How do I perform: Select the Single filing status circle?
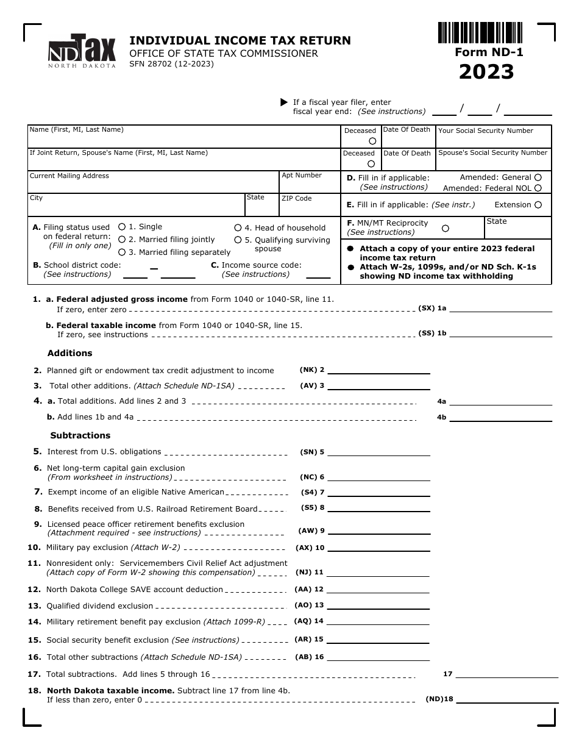click(x=122, y=226)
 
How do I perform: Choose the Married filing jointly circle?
click(x=122, y=240)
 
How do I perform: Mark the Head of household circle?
click(x=238, y=227)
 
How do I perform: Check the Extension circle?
click(x=538, y=205)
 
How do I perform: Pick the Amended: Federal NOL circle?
click(x=538, y=188)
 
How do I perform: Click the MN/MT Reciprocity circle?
click(x=445, y=228)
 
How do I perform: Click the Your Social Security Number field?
click(x=493, y=140)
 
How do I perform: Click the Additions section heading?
click(x=70, y=353)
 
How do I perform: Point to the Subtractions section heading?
click(x=80, y=435)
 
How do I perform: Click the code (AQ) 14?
click(x=309, y=621)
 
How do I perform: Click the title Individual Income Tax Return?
click(x=240, y=40)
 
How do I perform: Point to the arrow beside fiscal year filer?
click(x=283, y=102)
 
